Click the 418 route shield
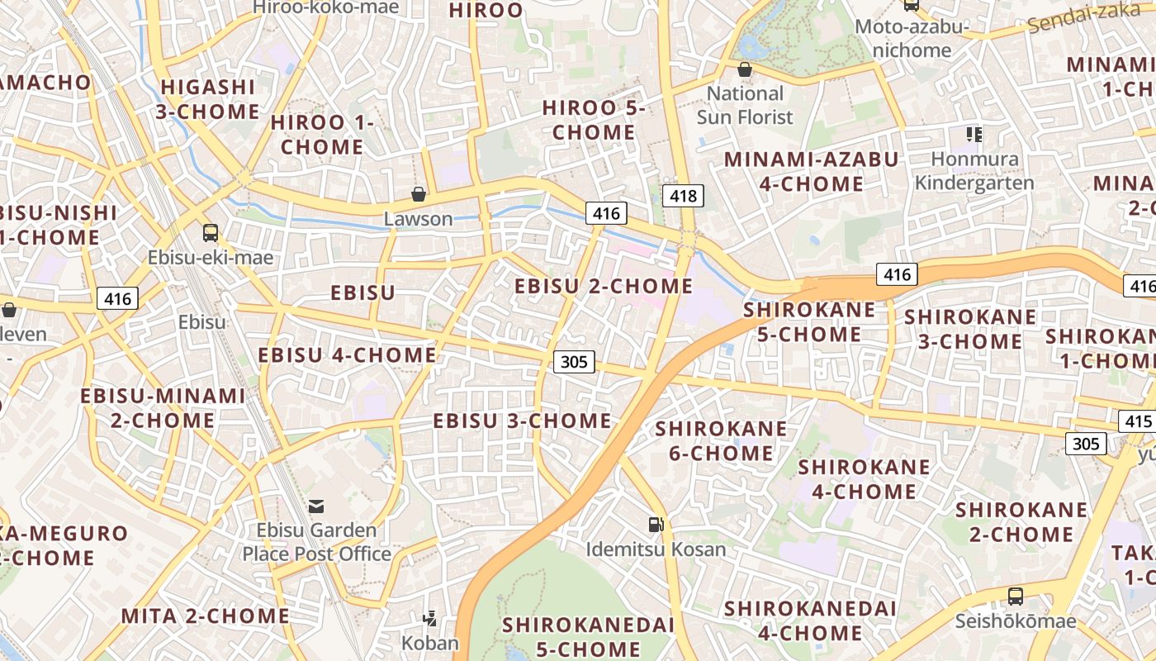[684, 196]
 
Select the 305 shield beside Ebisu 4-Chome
[574, 361]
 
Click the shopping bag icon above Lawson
[419, 195]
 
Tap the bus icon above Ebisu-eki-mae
[211, 233]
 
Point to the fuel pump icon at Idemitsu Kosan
[656, 524]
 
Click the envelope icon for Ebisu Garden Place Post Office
[316, 506]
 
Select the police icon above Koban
[429, 617]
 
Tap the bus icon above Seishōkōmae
[1016, 596]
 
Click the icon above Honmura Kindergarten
[974, 134]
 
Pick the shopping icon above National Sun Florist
[745, 69]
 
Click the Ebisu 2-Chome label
[604, 287]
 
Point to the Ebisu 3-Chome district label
[522, 421]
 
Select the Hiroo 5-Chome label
[593, 120]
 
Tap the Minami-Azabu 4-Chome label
[811, 171]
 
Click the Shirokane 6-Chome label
[721, 440]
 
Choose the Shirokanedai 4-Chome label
[810, 621]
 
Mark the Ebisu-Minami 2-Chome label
[163, 407]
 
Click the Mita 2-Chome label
[205, 616]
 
